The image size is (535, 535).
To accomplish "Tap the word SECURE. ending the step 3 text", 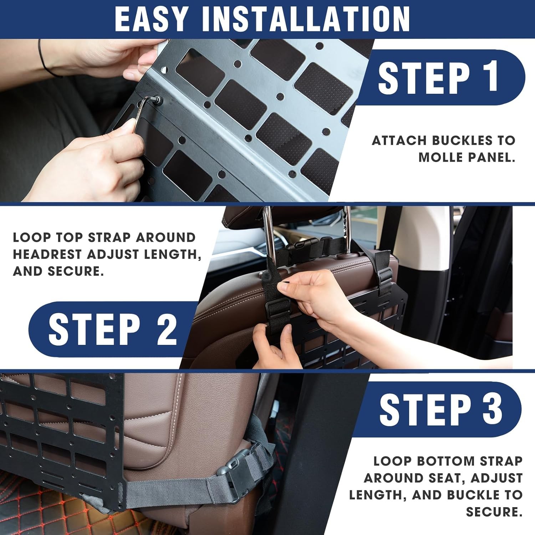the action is coord(494,512).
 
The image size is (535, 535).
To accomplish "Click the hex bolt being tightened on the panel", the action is coord(157,100).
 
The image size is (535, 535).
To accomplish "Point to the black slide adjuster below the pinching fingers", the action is coord(277,307).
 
